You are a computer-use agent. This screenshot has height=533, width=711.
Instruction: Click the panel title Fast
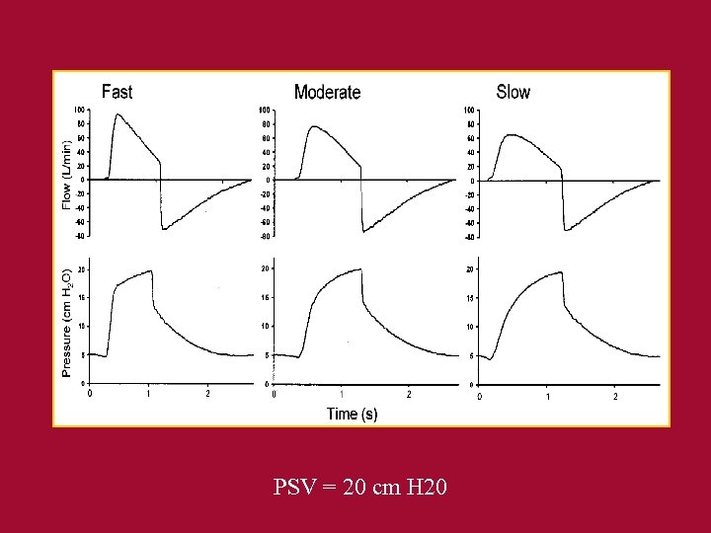117,92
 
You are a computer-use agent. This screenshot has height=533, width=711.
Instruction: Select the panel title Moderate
327,92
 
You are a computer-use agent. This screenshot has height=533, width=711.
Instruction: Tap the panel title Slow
513,92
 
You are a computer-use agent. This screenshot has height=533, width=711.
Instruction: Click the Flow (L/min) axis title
67,174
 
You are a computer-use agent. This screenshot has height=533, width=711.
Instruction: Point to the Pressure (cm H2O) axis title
67,322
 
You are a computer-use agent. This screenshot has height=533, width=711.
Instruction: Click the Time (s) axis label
352,414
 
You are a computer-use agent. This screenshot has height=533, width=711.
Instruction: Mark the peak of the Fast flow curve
118,114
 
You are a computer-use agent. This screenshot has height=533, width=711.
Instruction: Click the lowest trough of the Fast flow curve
163,230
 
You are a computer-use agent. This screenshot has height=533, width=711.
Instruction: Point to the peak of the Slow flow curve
510,135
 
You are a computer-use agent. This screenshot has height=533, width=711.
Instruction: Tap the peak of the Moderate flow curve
314,126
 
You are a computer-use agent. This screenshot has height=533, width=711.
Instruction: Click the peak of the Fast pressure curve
151,270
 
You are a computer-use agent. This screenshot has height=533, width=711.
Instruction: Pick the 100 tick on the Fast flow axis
78,110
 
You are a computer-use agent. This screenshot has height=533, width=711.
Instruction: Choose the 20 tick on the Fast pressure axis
80,269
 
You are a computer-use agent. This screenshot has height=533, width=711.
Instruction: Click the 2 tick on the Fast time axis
207,394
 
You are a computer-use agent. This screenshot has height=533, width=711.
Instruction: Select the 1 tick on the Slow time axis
547,396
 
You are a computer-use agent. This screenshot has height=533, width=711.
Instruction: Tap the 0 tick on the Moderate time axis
273,395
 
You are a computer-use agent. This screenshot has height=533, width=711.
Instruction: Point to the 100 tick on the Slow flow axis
469,111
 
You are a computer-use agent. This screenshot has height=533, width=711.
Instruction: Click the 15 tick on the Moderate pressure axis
266,297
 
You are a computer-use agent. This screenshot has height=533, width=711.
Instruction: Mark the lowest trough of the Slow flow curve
566,231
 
